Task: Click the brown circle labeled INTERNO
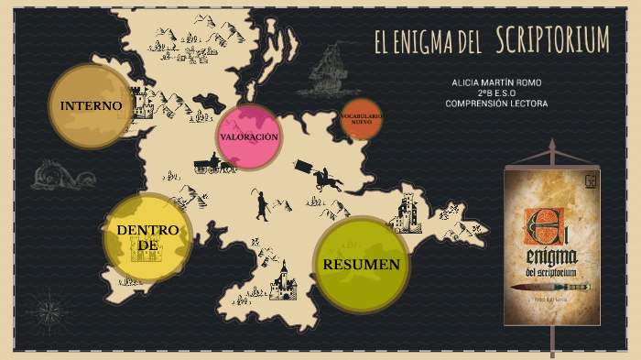91,105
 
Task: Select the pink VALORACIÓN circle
248,137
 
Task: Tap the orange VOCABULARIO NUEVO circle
361,118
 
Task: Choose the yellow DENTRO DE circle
147,237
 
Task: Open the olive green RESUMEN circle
361,265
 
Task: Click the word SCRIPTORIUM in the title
552,40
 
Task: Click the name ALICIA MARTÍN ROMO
496,82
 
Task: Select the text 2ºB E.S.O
496,93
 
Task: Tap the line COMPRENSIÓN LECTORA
496,104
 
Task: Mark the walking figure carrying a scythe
261,204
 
